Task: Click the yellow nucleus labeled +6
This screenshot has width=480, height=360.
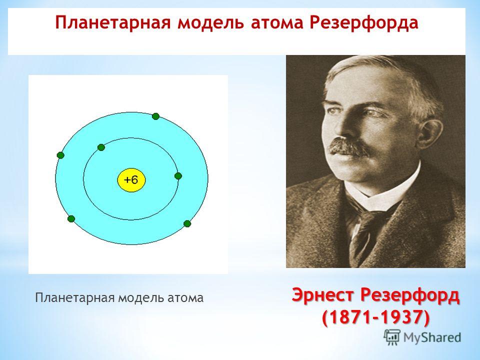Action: coord(131,179)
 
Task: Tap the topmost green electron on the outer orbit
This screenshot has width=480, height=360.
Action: coord(155,116)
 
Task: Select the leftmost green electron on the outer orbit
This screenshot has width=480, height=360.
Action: coord(60,155)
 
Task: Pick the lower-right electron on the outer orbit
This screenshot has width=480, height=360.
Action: coord(187,223)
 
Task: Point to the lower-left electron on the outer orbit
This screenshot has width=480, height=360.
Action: coord(71,219)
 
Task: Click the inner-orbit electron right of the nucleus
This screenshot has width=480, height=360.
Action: coord(178,175)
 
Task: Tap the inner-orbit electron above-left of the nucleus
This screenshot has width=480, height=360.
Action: coord(101,147)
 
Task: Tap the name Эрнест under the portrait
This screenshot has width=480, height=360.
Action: coord(323,295)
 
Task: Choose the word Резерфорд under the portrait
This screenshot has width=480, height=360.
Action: coord(410,296)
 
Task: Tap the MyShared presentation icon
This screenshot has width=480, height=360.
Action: coord(392,337)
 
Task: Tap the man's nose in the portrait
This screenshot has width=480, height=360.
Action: coord(344,125)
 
